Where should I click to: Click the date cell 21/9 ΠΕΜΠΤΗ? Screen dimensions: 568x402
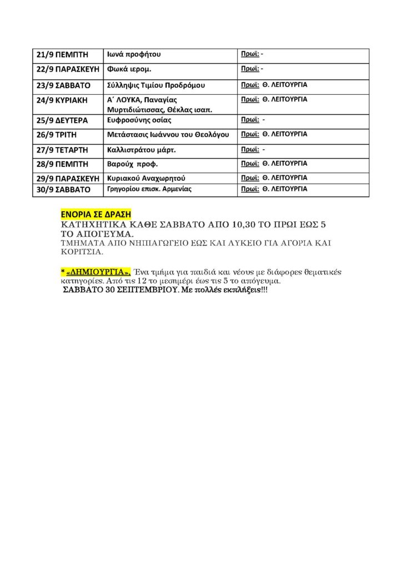point(62,55)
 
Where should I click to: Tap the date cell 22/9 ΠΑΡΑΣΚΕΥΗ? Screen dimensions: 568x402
point(67,70)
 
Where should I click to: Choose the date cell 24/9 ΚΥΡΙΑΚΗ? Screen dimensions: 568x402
point(62,100)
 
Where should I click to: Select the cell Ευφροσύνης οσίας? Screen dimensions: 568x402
point(139,120)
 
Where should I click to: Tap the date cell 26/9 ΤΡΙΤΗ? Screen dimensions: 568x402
point(56,135)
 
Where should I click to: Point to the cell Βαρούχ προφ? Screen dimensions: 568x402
point(133,164)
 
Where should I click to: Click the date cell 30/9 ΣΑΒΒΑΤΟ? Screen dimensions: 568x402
point(63,190)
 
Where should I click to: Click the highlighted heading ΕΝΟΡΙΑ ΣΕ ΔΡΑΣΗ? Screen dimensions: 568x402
point(95,214)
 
